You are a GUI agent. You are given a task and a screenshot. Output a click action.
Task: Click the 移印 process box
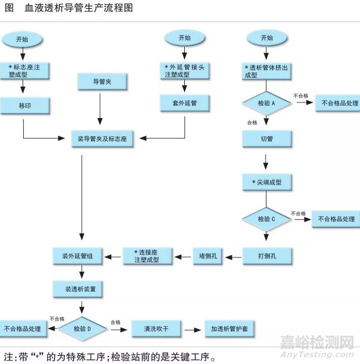[25, 106]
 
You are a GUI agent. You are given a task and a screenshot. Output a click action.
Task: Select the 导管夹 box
[102, 81]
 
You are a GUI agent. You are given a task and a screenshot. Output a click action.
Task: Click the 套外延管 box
[184, 103]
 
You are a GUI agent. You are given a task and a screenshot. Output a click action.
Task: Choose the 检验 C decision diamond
[266, 219]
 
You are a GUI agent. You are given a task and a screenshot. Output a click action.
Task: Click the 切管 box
[267, 139]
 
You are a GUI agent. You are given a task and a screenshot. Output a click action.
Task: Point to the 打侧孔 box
[267, 256]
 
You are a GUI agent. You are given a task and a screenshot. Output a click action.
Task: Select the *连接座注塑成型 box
[147, 256]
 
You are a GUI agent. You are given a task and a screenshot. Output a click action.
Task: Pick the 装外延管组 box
[81, 256]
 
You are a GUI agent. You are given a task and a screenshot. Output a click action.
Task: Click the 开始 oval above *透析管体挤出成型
[267, 38]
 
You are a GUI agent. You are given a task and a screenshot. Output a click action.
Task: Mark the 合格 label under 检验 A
[253, 123]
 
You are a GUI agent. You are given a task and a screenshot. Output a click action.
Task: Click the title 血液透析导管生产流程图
[79, 9]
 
